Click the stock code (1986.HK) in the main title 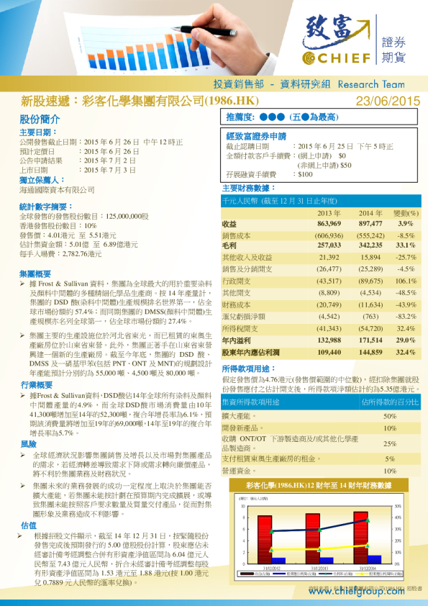232,101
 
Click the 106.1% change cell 406,281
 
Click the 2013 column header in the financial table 328,214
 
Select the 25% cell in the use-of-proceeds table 389,444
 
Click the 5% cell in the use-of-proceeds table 389,458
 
